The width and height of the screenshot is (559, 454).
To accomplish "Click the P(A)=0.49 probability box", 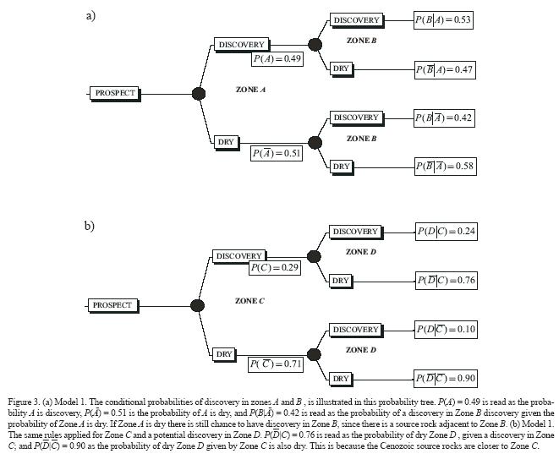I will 277,58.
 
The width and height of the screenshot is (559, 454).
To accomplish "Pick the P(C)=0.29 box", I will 275,267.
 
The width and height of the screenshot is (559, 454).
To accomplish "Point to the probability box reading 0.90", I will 446,377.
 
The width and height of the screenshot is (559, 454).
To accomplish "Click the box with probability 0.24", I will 445,231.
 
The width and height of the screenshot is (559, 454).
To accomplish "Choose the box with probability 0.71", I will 276,364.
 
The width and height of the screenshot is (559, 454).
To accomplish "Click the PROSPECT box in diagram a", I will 114,93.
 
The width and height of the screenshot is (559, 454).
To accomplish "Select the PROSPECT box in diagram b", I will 112,304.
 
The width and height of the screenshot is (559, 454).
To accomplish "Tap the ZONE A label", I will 251,89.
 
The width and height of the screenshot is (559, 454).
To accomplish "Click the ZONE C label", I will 249,300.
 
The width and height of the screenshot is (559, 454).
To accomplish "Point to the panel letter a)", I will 90,15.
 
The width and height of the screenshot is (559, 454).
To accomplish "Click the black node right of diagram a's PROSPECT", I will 200,93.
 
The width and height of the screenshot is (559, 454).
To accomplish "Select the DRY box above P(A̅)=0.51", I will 226,142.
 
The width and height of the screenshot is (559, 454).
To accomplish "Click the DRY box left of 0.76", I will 341,280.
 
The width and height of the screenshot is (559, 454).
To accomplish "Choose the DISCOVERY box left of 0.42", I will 356,118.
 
